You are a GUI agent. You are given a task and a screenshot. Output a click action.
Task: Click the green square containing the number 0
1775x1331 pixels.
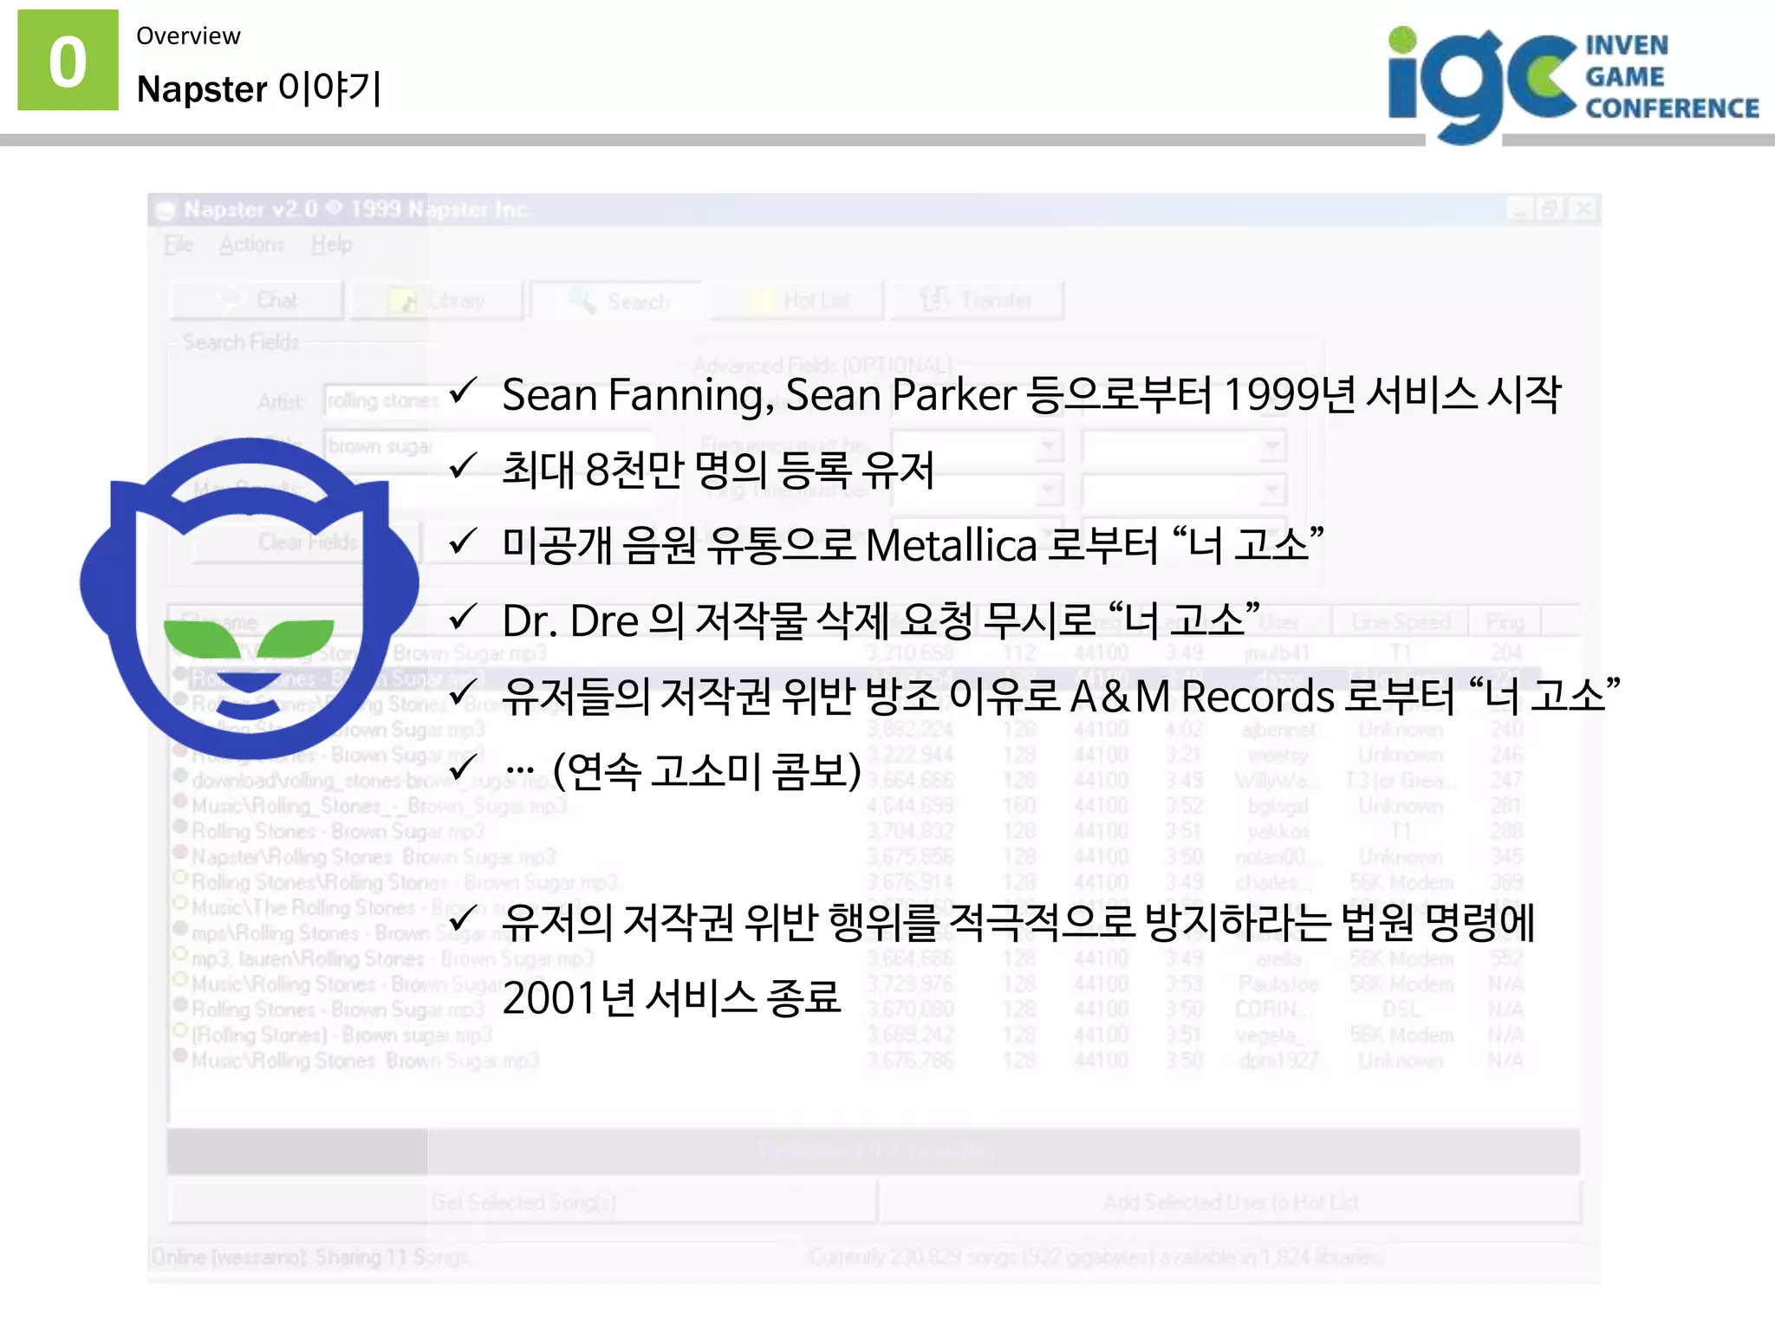pyautogui.click(x=68, y=60)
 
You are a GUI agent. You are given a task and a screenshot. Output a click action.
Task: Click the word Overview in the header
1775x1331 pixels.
pyautogui.click(x=188, y=36)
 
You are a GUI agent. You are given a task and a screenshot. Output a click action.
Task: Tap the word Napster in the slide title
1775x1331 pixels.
pyautogui.click(x=202, y=89)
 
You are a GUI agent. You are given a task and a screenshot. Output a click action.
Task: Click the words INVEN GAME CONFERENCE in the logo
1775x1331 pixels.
pyautogui.click(x=1670, y=76)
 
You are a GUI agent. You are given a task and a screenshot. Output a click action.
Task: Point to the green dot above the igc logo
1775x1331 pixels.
pyautogui.click(x=1401, y=40)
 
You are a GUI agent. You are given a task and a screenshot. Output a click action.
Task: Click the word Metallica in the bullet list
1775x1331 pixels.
pyautogui.click(x=951, y=546)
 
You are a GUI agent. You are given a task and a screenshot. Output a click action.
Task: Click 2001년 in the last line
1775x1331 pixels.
pyautogui.click(x=569, y=997)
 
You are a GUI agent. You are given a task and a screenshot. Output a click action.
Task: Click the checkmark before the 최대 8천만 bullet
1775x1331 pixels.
pyautogui.click(x=464, y=466)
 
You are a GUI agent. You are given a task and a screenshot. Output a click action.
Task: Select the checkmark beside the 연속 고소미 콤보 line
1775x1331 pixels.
pyautogui.click(x=464, y=767)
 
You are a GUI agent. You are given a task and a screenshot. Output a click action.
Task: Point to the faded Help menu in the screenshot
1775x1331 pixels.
pyautogui.click(x=331, y=244)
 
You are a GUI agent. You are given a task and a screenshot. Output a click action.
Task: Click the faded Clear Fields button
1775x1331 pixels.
pyautogui.click(x=307, y=542)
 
